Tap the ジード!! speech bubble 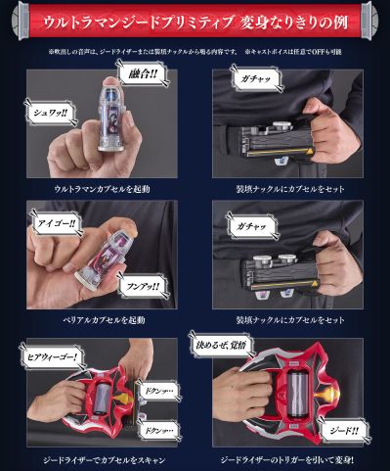341,428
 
